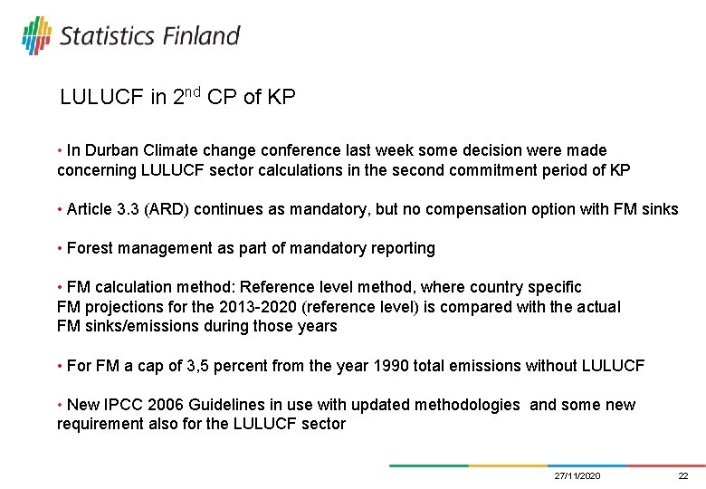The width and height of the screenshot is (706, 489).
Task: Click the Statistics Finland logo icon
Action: tap(36, 35)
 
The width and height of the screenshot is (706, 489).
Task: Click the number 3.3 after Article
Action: tap(129, 209)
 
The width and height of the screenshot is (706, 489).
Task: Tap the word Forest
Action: tap(90, 248)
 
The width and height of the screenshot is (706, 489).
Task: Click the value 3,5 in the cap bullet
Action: tap(197, 366)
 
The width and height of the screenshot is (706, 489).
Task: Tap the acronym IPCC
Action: tap(121, 405)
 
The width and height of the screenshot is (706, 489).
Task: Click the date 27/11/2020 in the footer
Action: tap(577, 476)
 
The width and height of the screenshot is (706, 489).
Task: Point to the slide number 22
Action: tap(683, 476)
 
